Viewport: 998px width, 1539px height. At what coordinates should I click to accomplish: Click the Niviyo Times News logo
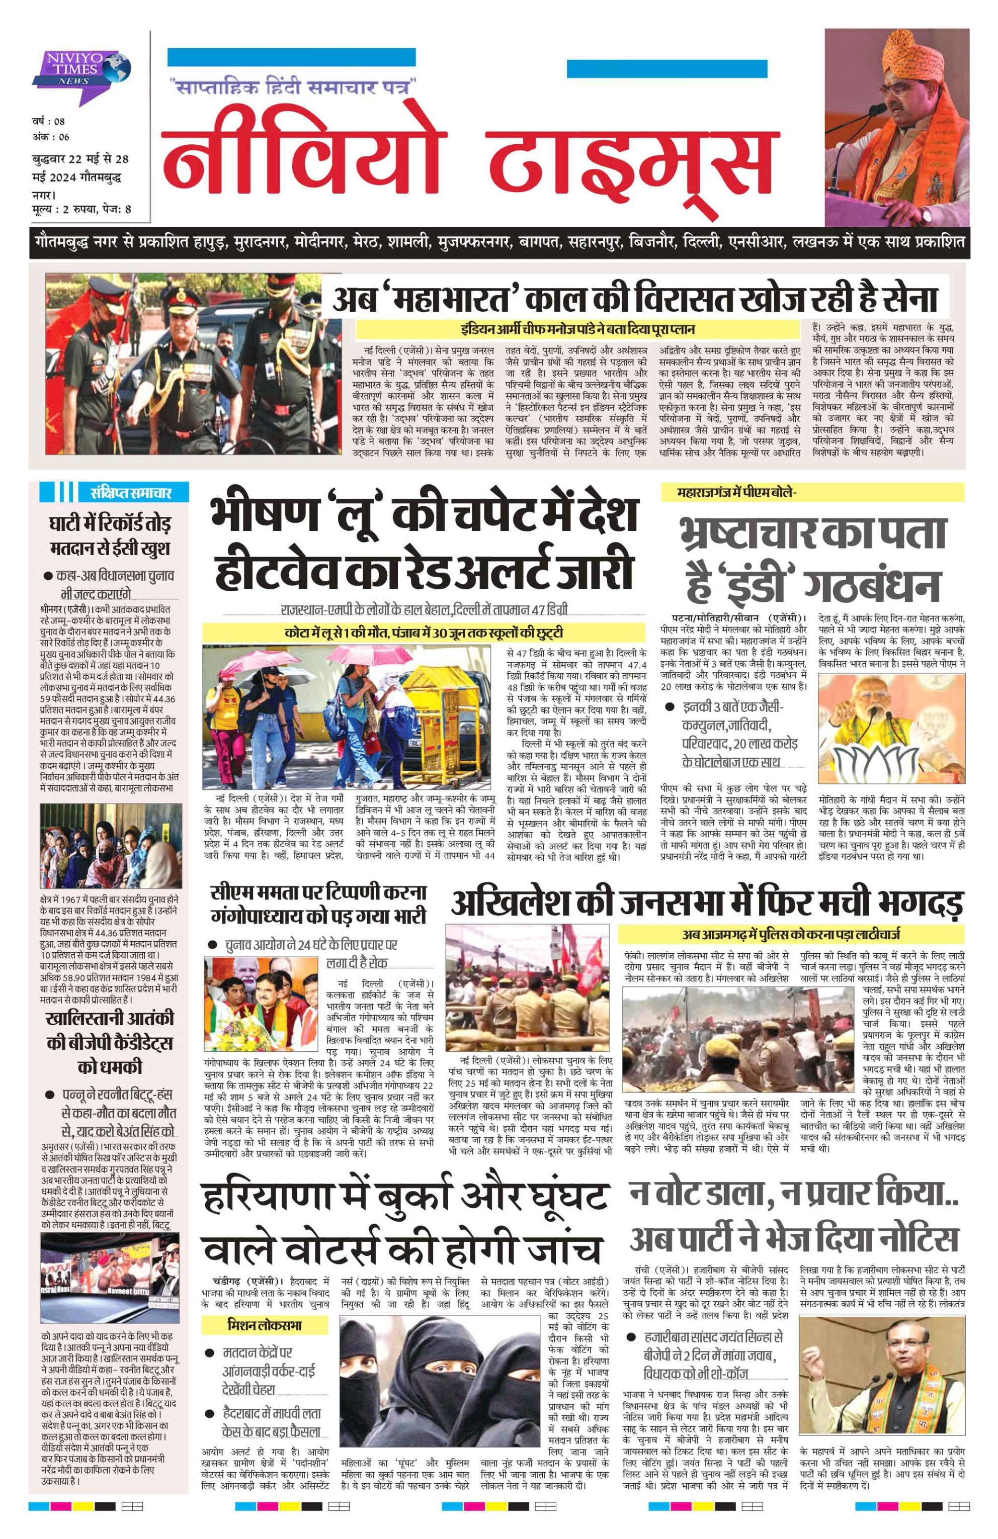[x=82, y=68]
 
